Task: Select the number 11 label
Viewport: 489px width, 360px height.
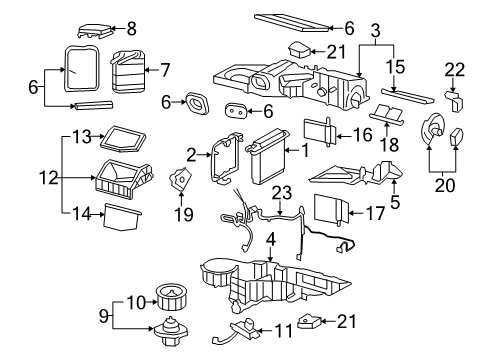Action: (x=283, y=327)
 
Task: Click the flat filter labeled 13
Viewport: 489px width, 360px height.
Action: (x=127, y=137)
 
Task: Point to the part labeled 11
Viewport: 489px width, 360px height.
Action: (x=244, y=328)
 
